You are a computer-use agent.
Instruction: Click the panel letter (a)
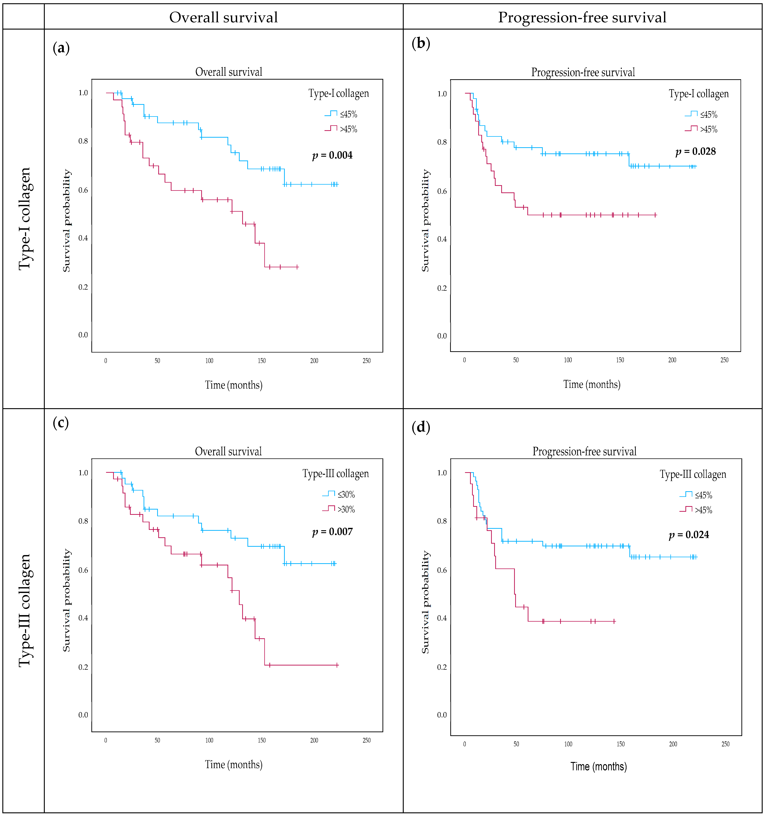(x=61, y=48)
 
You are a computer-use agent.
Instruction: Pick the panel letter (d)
(x=421, y=427)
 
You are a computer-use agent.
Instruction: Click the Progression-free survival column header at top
(x=582, y=17)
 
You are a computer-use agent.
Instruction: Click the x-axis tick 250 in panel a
(x=367, y=361)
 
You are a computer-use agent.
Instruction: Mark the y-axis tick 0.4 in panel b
(x=442, y=239)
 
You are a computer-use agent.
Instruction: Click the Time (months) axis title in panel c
(x=233, y=765)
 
